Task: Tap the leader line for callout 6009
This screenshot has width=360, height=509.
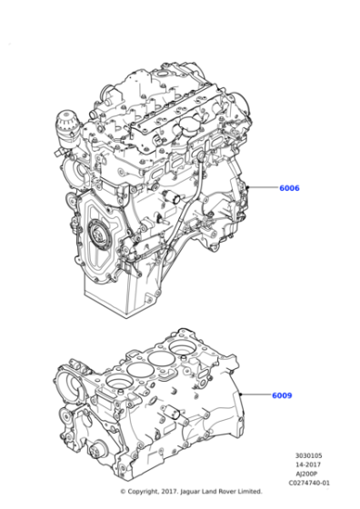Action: pos(258,395)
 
